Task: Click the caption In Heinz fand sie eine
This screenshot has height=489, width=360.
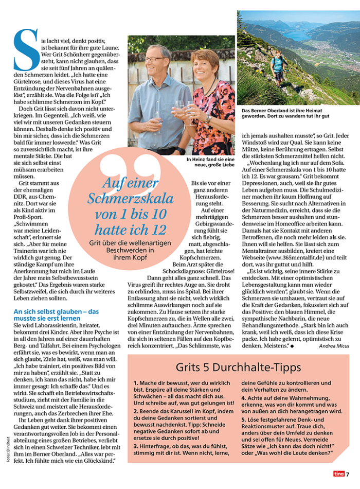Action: [210, 160]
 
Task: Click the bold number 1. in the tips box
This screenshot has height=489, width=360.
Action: [136, 383]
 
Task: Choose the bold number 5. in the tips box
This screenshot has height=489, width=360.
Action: [244, 420]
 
